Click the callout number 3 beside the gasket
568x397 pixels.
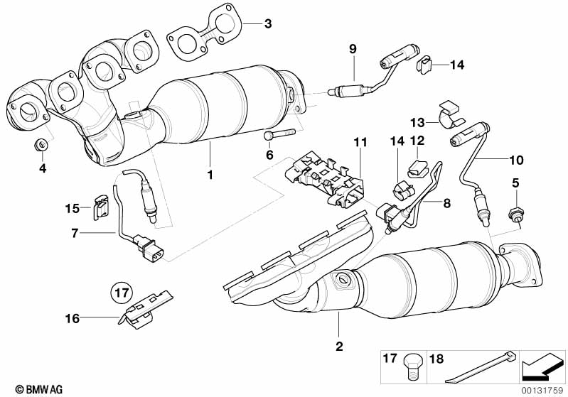coord(267,24)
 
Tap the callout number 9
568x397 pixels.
coord(353,48)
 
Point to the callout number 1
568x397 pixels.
coord(210,174)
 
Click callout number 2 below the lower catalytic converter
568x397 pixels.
coord(339,347)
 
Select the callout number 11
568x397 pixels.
coord(360,142)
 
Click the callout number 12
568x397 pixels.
coord(417,141)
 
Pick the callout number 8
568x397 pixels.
coord(446,203)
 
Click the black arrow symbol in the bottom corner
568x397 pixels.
coord(543,368)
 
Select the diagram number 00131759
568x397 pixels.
coord(544,389)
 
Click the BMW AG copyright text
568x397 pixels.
coord(26,389)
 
